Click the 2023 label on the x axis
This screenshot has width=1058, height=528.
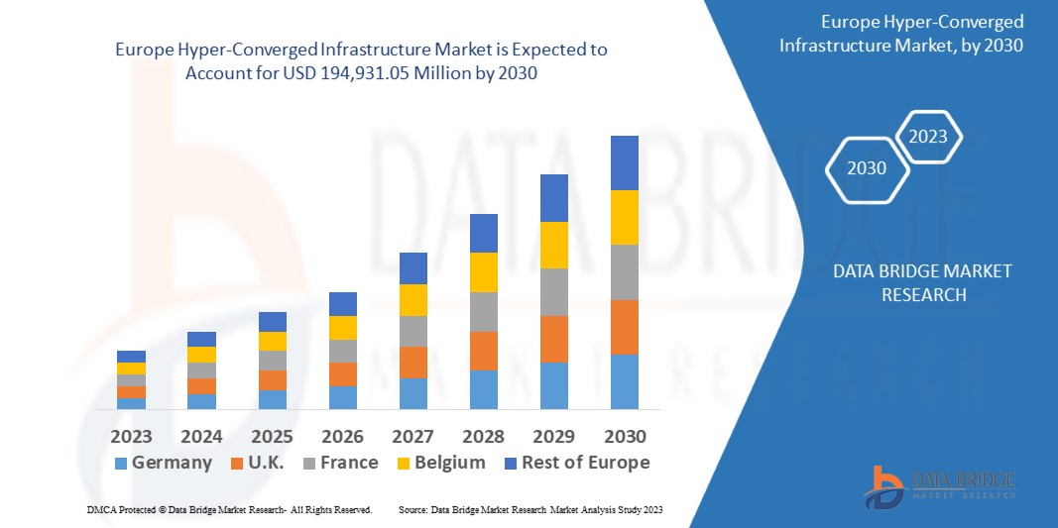click(131, 437)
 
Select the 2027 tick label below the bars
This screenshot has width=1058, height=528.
click(413, 437)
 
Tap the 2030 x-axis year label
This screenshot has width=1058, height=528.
click(625, 437)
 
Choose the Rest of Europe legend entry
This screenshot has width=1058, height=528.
click(576, 463)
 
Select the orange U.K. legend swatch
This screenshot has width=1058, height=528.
click(238, 464)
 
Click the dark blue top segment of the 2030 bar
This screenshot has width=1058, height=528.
click(625, 162)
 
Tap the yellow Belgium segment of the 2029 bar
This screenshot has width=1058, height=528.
click(554, 245)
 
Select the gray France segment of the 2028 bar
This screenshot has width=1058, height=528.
click(484, 312)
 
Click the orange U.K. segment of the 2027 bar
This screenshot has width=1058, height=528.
click(413, 363)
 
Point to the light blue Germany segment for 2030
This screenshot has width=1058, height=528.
click(625, 381)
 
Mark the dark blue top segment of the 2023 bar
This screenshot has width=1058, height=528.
click(131, 357)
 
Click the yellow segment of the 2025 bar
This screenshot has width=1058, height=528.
click(273, 341)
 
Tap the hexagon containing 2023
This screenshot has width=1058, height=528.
click(928, 137)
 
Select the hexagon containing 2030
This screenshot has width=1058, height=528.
click(867, 167)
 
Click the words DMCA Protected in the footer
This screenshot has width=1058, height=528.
click(119, 509)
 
